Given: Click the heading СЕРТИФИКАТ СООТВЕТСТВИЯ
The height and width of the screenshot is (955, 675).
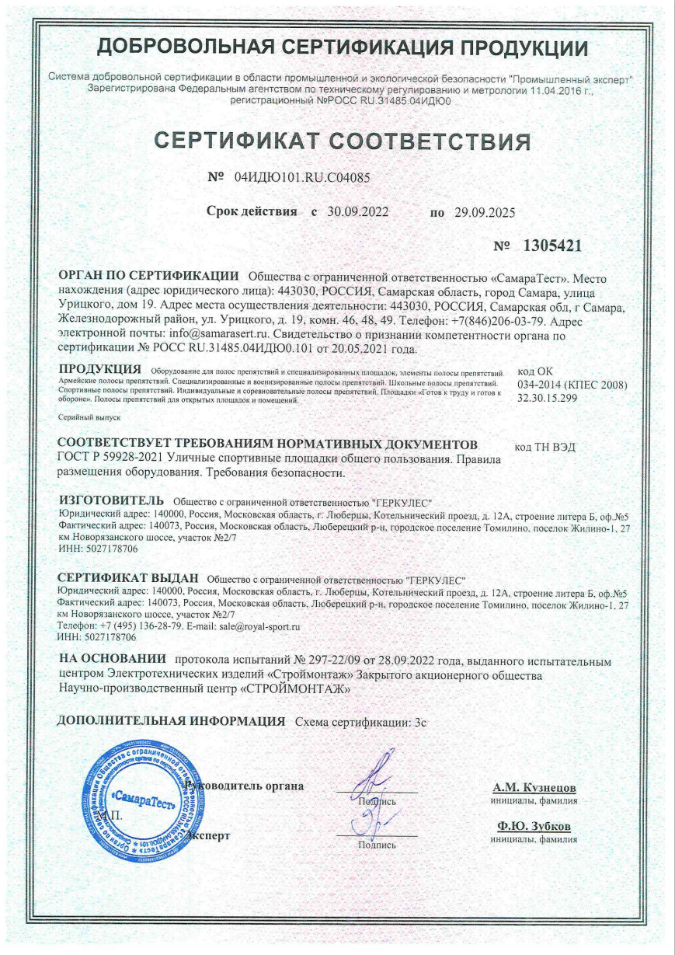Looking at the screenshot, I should click(343, 141).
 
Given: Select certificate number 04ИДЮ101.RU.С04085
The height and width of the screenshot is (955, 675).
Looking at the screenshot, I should click(301, 177).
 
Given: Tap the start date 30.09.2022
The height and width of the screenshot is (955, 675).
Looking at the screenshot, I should click(357, 211).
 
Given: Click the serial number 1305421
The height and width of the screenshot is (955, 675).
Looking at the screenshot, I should click(552, 246).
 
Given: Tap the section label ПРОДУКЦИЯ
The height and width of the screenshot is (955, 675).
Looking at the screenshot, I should click(100, 368).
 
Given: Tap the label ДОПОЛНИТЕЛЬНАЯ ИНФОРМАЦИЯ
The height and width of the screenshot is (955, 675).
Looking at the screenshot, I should click(172, 721).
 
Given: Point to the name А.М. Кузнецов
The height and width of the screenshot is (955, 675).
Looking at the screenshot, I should click(533, 787).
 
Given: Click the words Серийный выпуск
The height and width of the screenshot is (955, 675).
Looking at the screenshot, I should click(85, 418).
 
